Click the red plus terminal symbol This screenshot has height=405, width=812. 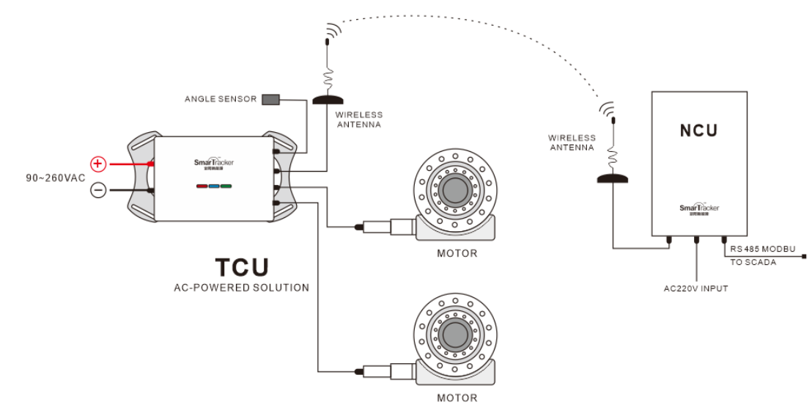[98, 164]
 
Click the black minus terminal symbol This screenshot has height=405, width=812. [98, 190]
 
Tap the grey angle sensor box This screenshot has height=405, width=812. [270, 99]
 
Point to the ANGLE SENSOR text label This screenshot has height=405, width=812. [221, 99]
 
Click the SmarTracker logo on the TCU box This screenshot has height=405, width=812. [213, 164]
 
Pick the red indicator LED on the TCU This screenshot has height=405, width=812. [201, 186]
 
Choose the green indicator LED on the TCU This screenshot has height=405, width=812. [226, 186]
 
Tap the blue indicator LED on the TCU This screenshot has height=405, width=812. [213, 186]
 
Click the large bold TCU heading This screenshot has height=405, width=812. [241, 267]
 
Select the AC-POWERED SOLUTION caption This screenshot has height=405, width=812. [241, 288]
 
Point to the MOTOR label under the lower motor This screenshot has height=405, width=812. [457, 398]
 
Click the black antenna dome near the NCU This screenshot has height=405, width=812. [613, 178]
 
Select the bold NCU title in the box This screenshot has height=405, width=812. [698, 131]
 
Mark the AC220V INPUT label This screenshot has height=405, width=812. [695, 288]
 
